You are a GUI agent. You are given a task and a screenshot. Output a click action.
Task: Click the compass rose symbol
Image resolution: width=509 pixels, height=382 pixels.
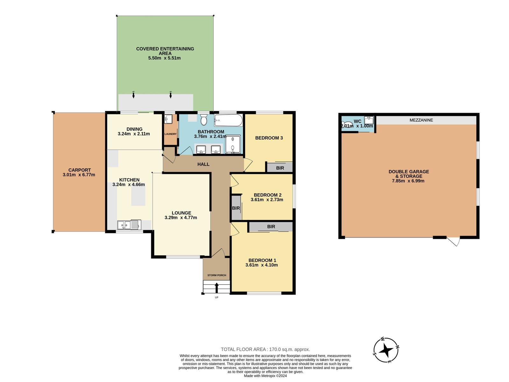point(386,350)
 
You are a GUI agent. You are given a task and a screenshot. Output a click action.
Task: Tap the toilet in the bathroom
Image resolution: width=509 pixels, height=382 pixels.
point(204,119)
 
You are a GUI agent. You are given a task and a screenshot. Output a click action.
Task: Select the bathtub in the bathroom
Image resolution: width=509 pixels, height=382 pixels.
point(228,120)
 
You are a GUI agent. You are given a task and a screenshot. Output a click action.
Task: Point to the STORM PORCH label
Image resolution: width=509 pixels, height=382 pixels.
point(217,275)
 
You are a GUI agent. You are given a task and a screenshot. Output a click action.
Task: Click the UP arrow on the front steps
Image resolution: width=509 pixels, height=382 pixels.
point(217,288)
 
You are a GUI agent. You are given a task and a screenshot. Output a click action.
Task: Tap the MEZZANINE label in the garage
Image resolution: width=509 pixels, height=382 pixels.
point(421,120)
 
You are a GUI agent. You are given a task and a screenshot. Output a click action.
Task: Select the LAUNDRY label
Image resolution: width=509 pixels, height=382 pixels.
point(171,134)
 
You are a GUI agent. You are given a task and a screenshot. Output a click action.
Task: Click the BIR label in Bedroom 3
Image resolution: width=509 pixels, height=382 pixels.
point(280,168)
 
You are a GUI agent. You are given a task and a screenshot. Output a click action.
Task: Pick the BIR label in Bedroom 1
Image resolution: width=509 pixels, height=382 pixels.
point(271,227)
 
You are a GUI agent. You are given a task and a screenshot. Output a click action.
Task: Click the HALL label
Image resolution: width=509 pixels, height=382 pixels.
point(203,164)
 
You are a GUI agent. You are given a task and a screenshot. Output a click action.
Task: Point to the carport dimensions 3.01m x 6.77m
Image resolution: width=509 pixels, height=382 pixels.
point(79,175)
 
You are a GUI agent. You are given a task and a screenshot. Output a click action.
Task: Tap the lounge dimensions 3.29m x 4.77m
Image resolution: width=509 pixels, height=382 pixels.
point(181,217)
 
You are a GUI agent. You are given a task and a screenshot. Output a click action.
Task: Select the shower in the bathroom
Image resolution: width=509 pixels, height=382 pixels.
point(233,144)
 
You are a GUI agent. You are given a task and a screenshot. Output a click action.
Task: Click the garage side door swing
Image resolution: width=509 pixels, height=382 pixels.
point(453,241)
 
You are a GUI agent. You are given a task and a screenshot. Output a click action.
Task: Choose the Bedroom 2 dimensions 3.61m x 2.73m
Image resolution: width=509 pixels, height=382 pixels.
point(267,200)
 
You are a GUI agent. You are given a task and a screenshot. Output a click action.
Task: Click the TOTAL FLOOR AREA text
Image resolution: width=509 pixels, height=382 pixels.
point(265,349)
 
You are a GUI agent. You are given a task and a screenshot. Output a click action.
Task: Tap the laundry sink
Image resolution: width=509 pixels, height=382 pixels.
point(168,119)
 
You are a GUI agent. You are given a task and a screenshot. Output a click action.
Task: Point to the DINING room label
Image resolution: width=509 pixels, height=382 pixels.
point(135,129)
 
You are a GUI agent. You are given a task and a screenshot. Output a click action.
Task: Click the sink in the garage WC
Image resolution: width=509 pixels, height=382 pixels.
point(369,120)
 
